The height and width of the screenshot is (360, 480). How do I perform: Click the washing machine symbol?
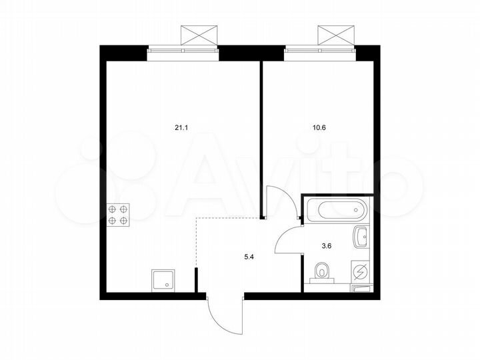tap(360, 272)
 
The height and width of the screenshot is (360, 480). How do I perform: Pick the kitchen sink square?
tap(162, 280)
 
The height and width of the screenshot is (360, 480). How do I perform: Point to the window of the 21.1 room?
tap(183, 48)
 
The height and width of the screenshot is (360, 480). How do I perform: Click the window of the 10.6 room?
tap(319, 48)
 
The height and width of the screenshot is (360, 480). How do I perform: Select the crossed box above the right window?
tap(335, 35)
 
